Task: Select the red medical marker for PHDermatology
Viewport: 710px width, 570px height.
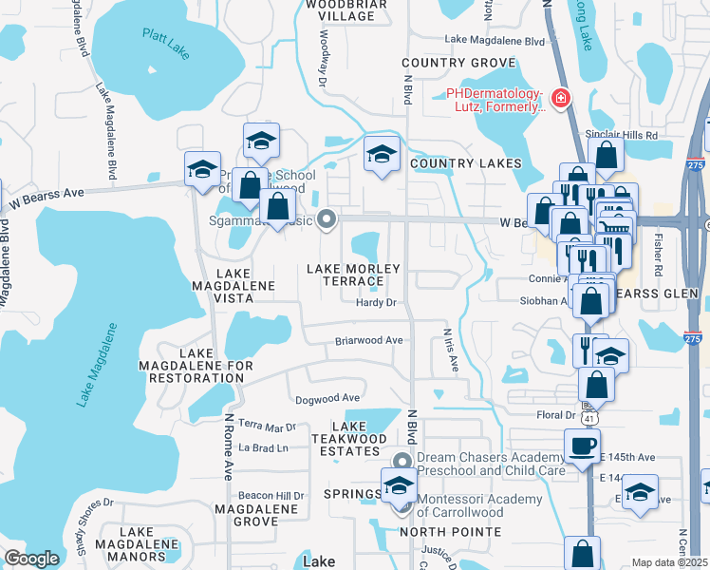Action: pos(561,97)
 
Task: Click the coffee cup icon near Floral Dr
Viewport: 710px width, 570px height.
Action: pos(582,445)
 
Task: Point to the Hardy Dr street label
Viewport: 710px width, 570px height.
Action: pos(374,303)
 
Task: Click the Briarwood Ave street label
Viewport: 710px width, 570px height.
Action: pos(368,340)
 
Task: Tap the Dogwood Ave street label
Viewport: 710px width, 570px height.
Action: pos(327,398)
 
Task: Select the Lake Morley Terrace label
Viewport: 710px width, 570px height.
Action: pos(353,275)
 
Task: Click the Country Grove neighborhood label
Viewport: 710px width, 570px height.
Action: pos(444,63)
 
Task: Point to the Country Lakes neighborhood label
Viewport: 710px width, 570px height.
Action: pos(466,163)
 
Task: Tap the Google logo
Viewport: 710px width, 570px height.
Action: pos(31,559)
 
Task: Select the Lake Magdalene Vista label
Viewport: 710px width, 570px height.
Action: pos(233,285)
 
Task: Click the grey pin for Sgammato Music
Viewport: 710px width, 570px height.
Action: pos(327,220)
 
